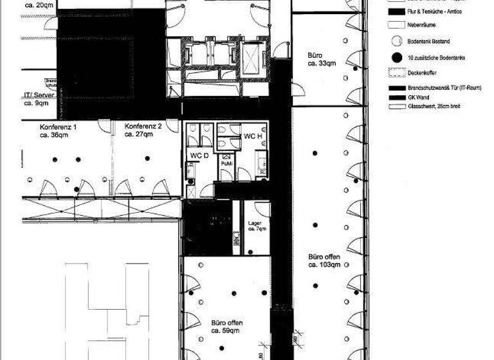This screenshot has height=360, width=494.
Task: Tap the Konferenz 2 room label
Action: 143,127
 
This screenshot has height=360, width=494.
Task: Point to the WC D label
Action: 199,156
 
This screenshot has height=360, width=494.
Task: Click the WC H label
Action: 253,136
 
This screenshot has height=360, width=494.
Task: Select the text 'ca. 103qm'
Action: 324,264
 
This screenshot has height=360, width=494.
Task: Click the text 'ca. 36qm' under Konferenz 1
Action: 55,135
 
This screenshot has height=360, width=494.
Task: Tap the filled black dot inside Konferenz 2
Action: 147,158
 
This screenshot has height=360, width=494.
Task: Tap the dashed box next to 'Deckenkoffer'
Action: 396,73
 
